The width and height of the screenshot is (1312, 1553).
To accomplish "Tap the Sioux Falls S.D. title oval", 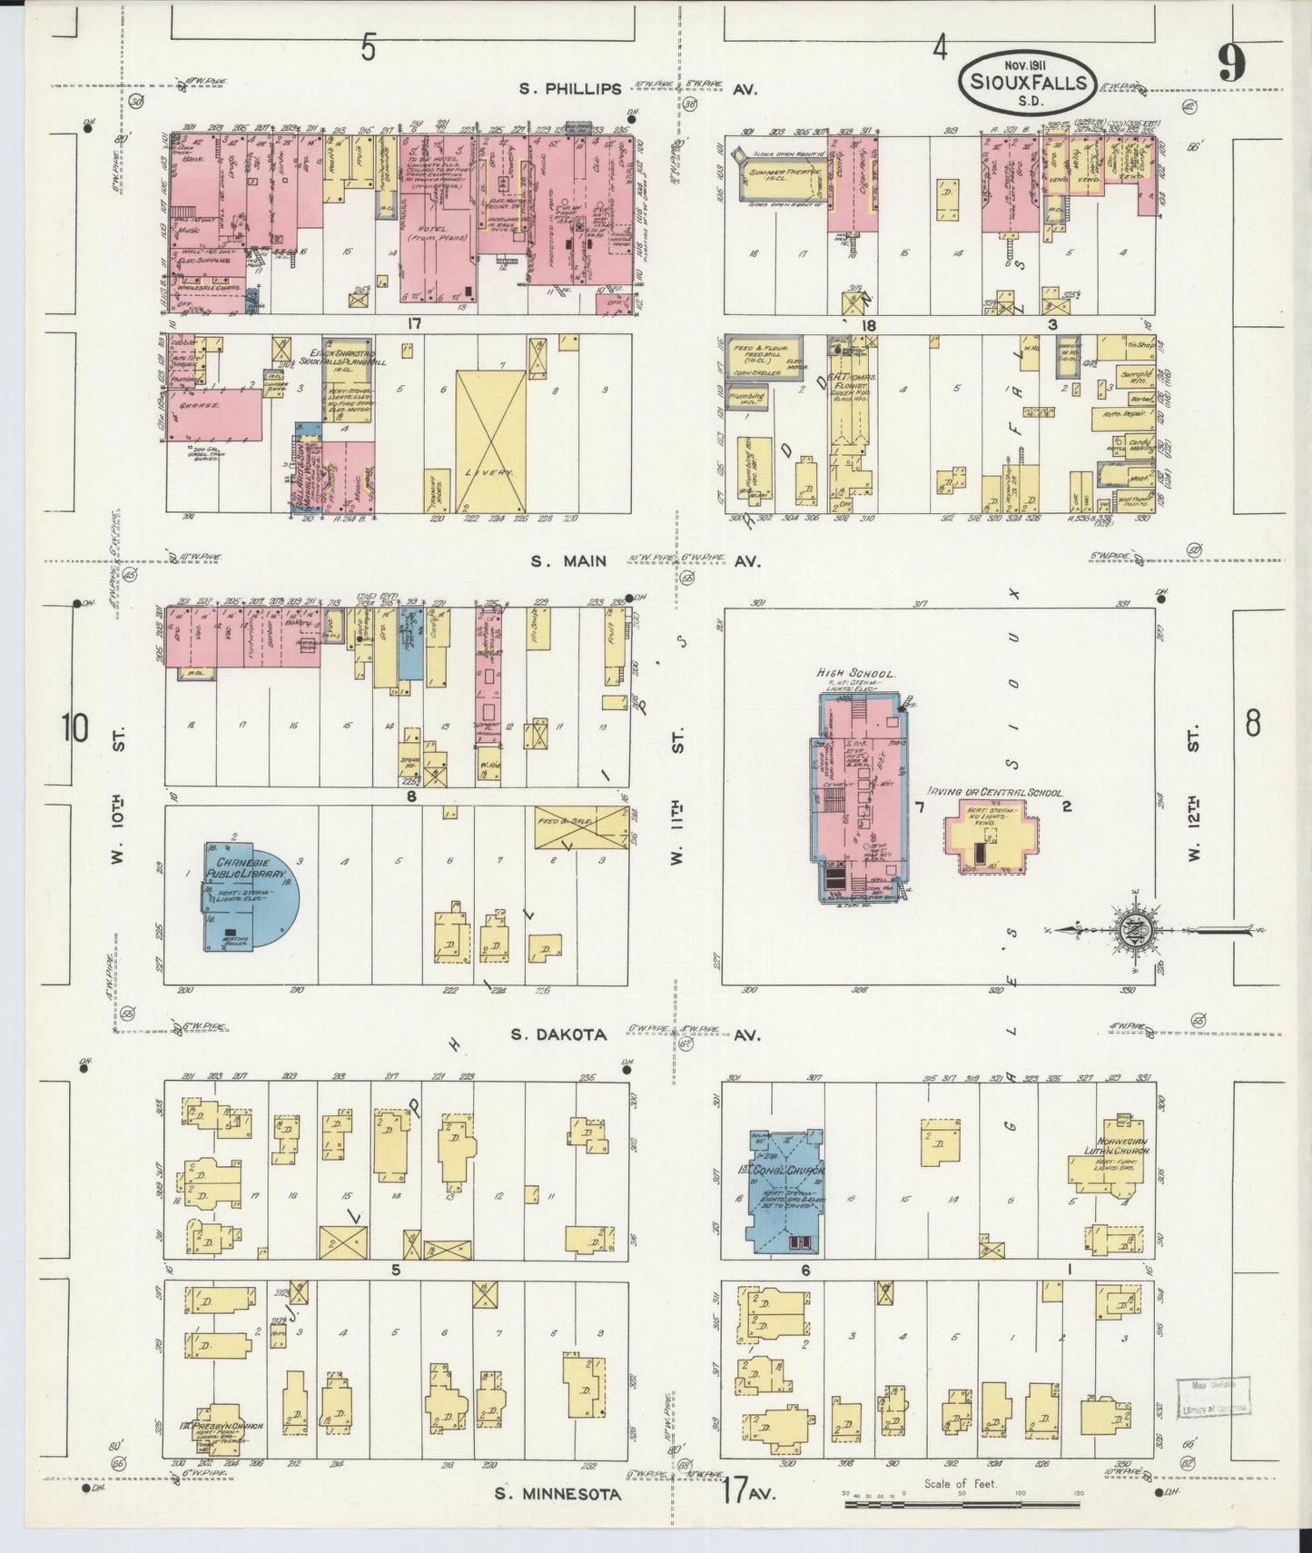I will click(x=1028, y=81).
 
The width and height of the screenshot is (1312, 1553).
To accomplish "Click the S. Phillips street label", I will click(x=571, y=89).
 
